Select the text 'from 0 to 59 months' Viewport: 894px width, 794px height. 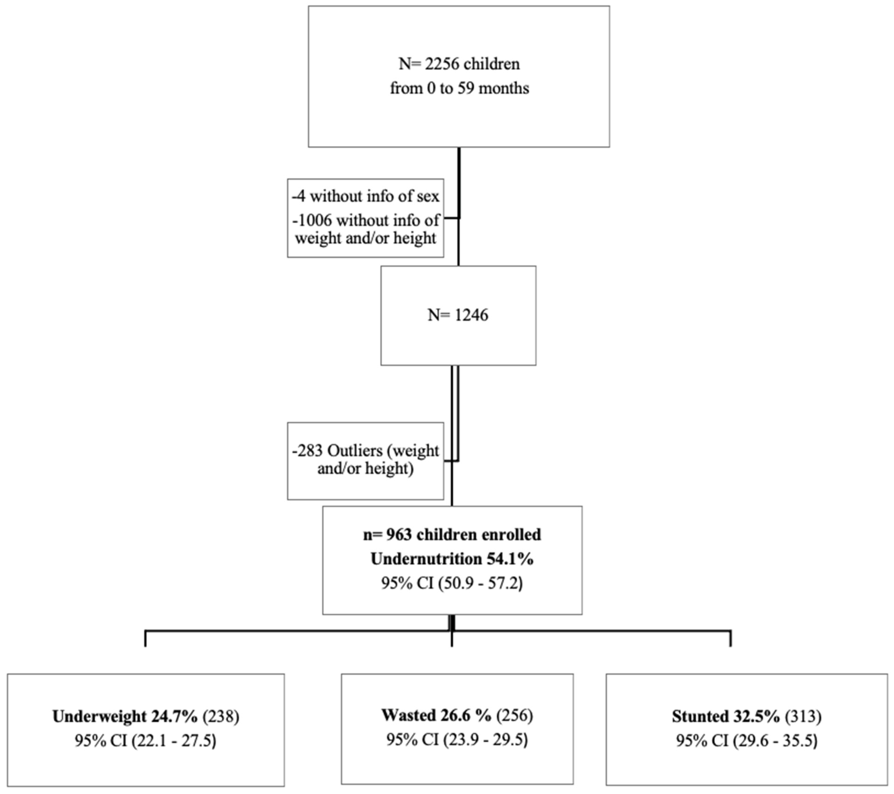pos(459,88)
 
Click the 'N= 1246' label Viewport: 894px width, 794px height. pos(458,315)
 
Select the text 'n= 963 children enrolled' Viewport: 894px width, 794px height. pos(452,535)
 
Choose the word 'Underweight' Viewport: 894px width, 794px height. pos(99,716)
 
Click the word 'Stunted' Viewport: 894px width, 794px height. pos(700,716)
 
